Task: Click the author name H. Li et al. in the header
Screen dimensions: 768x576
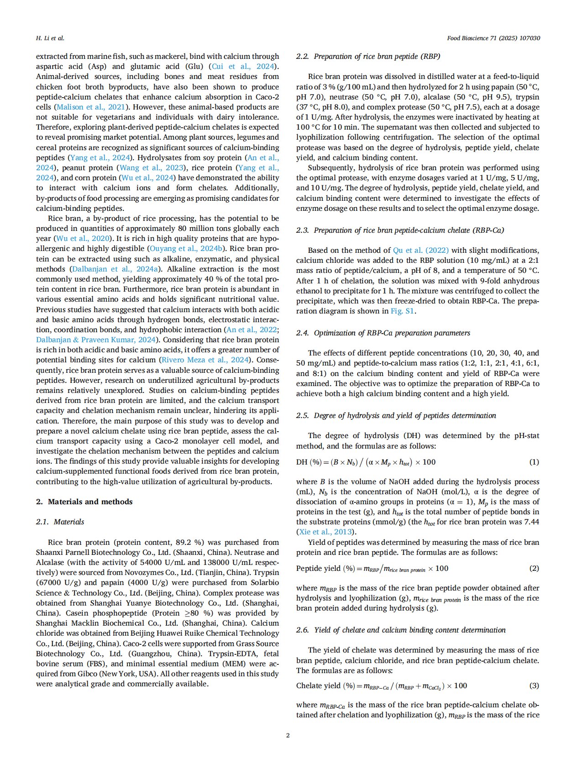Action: (x=50, y=38)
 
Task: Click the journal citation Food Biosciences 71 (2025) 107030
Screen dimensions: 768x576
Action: (x=493, y=38)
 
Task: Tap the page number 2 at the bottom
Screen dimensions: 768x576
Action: (x=288, y=735)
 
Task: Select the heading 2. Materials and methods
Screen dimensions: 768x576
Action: (x=84, y=502)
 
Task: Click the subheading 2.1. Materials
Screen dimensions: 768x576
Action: (x=60, y=522)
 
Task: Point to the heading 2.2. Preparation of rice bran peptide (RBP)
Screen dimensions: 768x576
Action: (x=368, y=57)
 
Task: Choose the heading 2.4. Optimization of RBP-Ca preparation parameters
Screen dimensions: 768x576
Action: (x=383, y=333)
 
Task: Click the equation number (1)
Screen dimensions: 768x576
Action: (x=534, y=462)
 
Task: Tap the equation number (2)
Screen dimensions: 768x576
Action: (x=534, y=568)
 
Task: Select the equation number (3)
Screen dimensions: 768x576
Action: (x=534, y=685)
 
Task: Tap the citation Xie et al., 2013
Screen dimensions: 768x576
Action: (x=325, y=532)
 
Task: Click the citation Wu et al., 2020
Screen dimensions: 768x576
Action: (x=83, y=239)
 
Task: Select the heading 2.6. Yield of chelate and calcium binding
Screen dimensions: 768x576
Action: (x=401, y=630)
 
